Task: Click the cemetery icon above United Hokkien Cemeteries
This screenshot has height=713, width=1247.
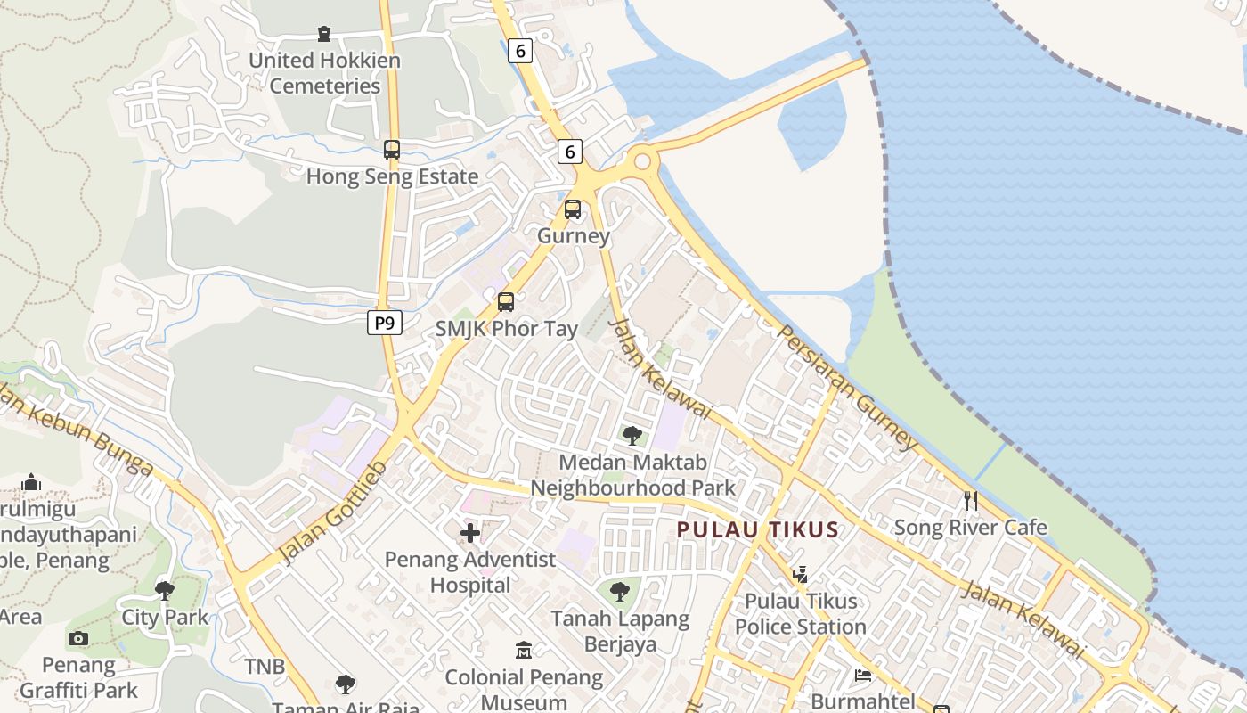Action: click(x=324, y=34)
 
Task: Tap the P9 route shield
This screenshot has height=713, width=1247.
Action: click(x=384, y=323)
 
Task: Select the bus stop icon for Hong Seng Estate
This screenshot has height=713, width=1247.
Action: click(x=392, y=150)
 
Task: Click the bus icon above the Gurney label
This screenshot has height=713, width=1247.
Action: click(x=573, y=209)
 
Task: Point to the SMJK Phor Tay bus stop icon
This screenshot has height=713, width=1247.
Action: click(x=506, y=302)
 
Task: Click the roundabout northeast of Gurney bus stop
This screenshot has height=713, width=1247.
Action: click(x=641, y=161)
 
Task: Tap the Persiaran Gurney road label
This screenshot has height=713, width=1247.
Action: click(x=847, y=386)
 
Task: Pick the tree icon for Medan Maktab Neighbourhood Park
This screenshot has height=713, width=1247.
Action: click(x=632, y=436)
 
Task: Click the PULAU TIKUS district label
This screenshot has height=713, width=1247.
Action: click(x=758, y=529)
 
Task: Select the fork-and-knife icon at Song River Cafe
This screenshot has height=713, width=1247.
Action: click(x=971, y=501)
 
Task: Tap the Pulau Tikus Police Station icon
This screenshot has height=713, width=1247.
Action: click(x=800, y=575)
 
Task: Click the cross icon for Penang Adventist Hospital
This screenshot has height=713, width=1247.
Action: click(x=470, y=534)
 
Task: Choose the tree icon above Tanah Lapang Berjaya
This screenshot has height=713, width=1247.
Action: click(x=620, y=590)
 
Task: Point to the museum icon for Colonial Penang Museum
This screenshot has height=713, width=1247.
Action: click(x=524, y=651)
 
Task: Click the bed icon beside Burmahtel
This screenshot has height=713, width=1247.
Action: click(x=863, y=676)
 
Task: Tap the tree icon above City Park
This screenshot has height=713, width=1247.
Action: click(x=165, y=590)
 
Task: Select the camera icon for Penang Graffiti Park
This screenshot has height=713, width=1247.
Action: click(x=78, y=638)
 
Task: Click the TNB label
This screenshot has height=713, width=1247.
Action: click(x=265, y=667)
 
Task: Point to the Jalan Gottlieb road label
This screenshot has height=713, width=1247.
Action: click(x=333, y=512)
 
